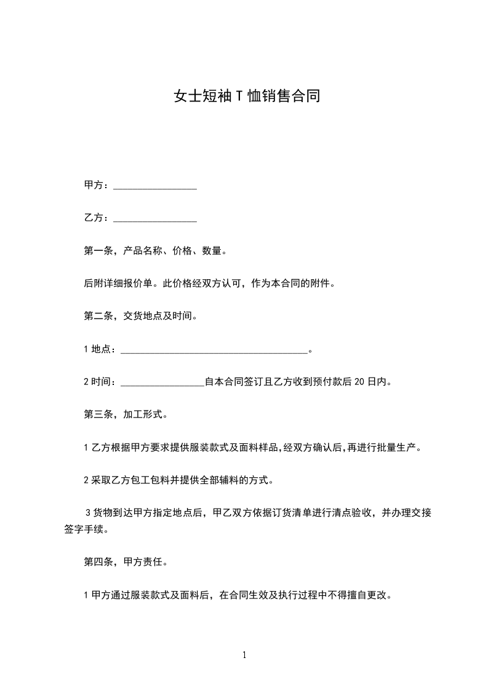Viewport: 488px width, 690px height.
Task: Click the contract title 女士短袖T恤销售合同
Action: point(246,97)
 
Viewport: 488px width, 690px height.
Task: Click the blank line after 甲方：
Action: point(155,186)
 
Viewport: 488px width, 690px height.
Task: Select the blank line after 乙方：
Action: point(155,218)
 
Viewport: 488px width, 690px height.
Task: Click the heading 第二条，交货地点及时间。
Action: point(140,316)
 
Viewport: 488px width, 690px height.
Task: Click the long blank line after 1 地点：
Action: point(214,349)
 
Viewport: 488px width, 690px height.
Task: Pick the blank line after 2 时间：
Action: point(162,382)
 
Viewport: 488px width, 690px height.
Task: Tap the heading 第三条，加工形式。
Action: point(126,414)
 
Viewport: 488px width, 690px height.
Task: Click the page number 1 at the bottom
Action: point(244,655)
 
